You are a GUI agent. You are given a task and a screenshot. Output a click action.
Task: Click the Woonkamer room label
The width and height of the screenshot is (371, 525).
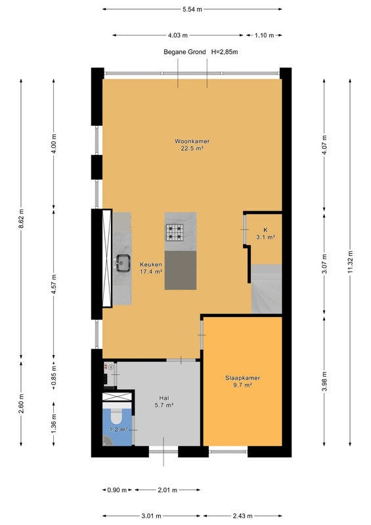point(192,141)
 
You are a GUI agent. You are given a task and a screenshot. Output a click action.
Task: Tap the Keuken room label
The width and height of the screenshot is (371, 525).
point(151,264)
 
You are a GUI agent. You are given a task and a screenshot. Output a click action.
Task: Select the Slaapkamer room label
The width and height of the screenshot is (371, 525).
point(243,378)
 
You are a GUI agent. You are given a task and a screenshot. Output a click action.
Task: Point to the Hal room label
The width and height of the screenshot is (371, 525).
point(164,398)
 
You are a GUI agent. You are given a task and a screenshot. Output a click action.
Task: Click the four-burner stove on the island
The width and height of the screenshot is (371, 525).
point(175,232)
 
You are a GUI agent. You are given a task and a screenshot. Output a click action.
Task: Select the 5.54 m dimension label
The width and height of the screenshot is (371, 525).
point(192,9)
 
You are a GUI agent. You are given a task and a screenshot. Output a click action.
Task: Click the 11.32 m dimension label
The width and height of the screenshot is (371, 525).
point(350,262)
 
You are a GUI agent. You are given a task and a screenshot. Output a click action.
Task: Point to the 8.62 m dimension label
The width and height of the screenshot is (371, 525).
point(21,219)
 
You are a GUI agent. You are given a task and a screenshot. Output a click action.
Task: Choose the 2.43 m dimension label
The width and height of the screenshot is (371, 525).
point(243,516)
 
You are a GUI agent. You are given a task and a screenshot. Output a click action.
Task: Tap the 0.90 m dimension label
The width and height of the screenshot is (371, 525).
point(117,490)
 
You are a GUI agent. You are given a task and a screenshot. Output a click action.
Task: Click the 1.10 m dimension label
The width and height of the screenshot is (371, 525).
point(264,35)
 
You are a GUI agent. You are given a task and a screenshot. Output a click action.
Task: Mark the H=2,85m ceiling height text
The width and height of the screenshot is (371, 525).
point(225,52)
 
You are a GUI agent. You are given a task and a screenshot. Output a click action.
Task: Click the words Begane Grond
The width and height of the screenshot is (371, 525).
point(185,52)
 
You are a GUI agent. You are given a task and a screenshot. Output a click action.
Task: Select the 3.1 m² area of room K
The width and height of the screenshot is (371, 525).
point(266,237)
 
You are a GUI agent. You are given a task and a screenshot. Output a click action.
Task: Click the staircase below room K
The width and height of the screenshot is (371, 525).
point(267,289)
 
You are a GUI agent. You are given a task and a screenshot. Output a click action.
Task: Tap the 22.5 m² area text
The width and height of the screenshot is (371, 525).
point(192,148)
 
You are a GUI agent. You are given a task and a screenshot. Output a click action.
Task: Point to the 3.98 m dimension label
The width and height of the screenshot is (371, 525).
point(324,382)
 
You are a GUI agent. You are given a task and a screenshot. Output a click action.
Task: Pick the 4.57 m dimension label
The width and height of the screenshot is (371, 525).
point(54,284)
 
